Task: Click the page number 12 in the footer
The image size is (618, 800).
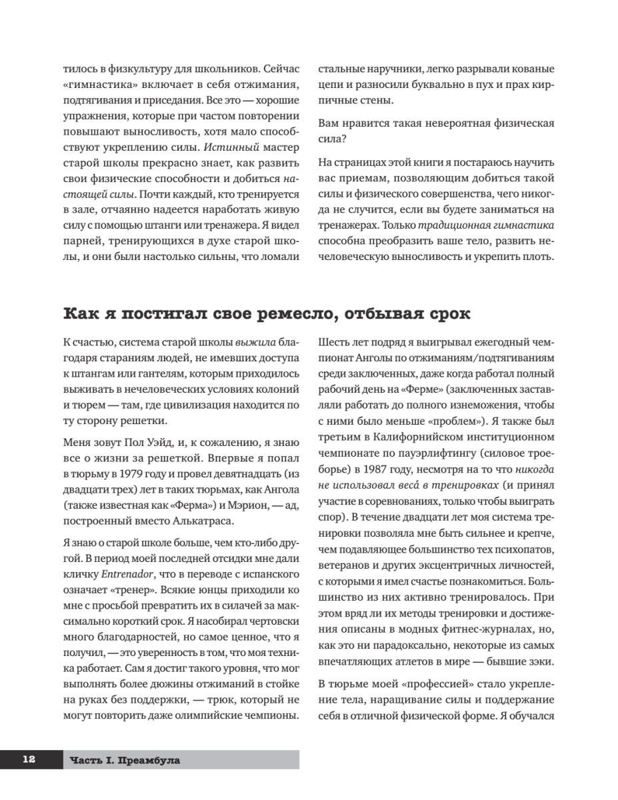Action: pos(28,759)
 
